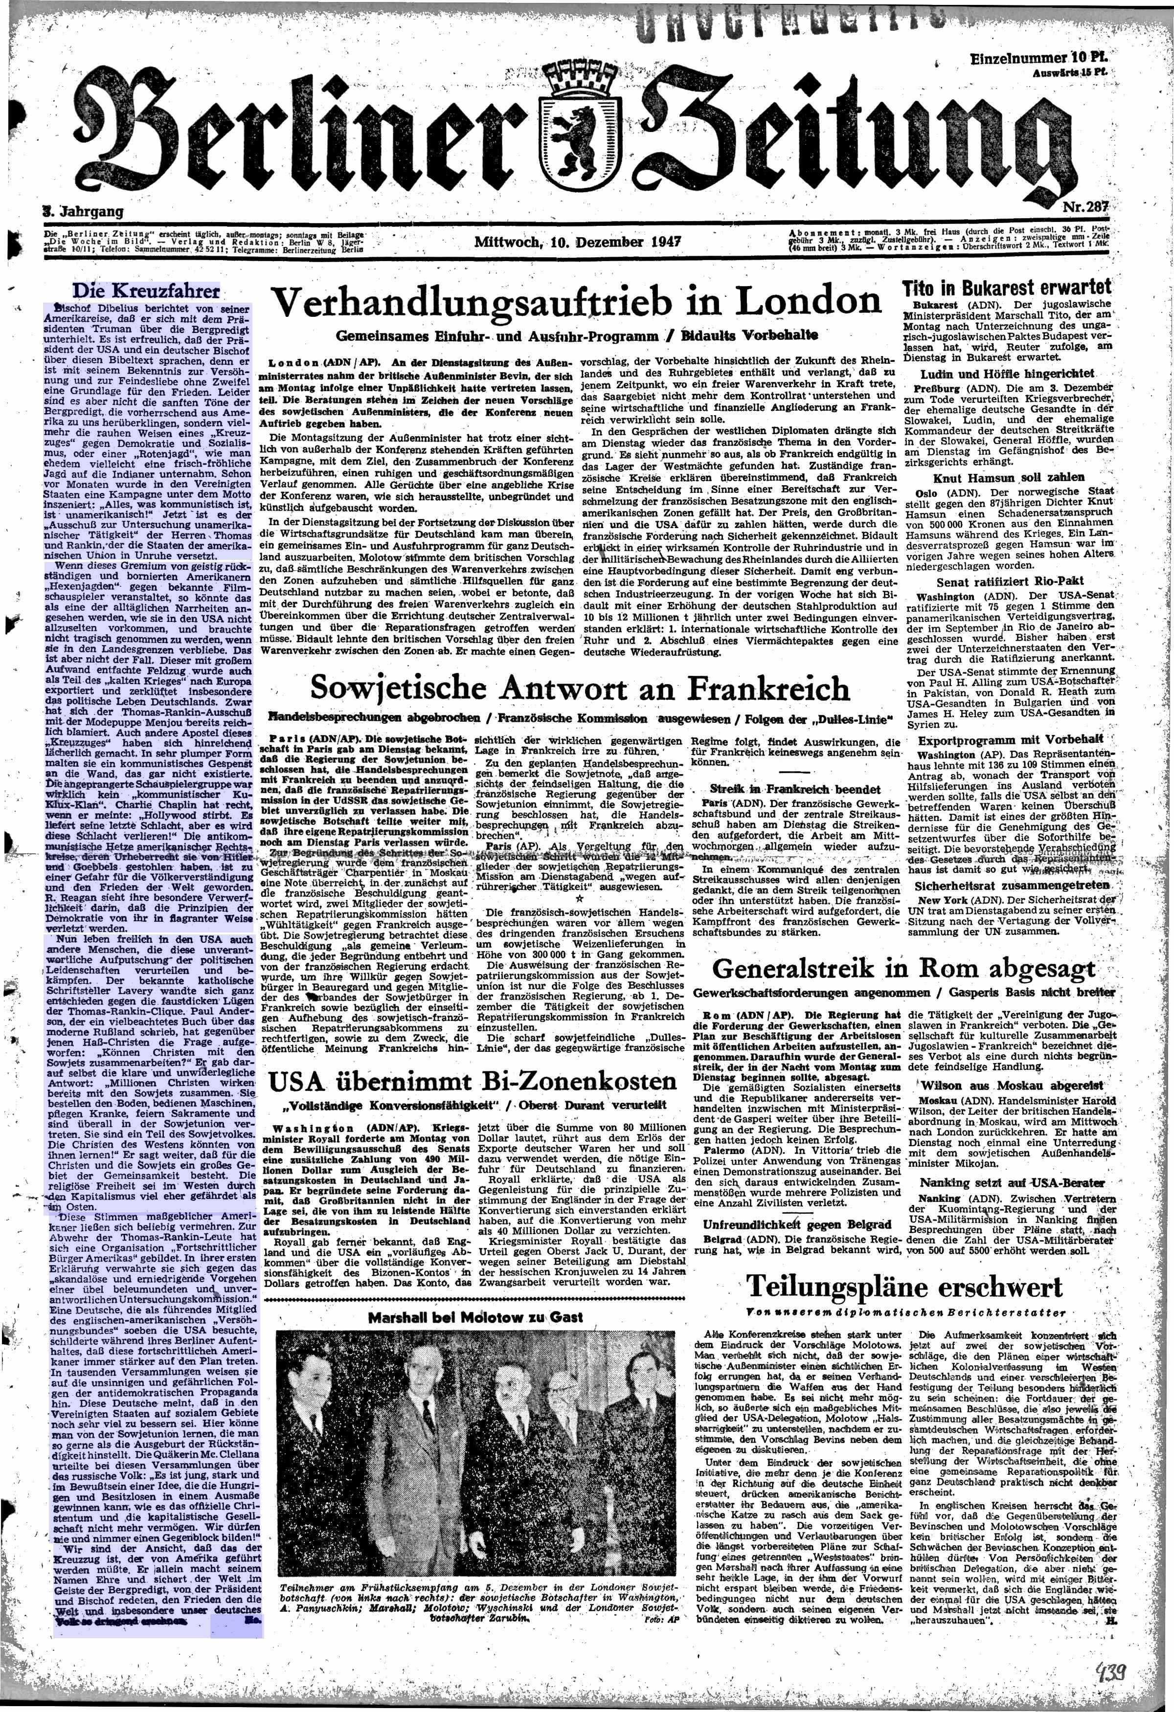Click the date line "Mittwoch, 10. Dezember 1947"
(578, 242)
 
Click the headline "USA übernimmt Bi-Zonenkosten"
(472, 1081)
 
